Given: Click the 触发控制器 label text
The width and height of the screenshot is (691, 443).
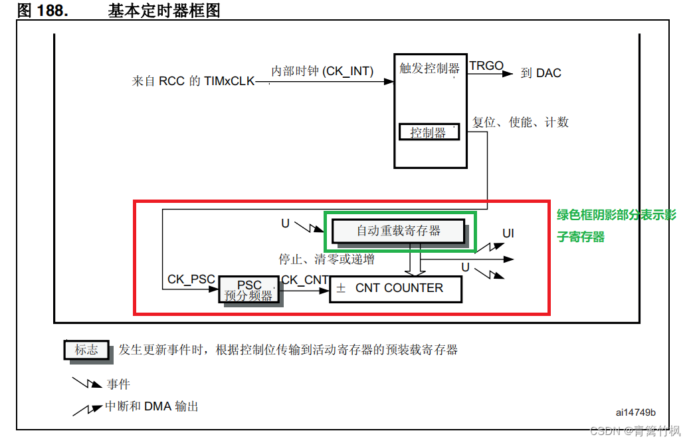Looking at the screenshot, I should tap(429, 69).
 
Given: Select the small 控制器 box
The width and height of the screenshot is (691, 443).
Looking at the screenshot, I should tap(429, 132).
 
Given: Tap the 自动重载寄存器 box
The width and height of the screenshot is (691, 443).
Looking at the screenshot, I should tap(398, 230).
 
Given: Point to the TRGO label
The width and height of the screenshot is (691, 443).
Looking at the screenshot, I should tap(486, 66).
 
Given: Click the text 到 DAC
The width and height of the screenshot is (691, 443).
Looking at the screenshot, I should tap(541, 73).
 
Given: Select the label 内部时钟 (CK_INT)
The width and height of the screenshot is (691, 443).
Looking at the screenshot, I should tap(322, 71).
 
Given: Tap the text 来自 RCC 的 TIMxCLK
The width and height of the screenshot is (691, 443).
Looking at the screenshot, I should tap(193, 81).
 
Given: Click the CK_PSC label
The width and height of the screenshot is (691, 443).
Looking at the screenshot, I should tap(191, 279).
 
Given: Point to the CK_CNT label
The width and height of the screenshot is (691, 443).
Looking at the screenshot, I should tap(304, 280).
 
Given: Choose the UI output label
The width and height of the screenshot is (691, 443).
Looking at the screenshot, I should tap(508, 233).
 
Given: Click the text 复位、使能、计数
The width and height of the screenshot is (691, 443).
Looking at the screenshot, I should tap(520, 122).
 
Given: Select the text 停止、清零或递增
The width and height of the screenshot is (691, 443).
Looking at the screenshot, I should tap(326, 259).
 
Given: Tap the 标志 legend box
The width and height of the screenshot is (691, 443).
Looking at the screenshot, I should tap(86, 350).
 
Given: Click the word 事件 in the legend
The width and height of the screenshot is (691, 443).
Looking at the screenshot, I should tap(118, 384).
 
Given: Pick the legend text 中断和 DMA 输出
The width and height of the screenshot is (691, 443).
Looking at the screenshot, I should tap(151, 406).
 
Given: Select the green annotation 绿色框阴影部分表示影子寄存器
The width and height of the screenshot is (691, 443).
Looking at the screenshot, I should tap(616, 225).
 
